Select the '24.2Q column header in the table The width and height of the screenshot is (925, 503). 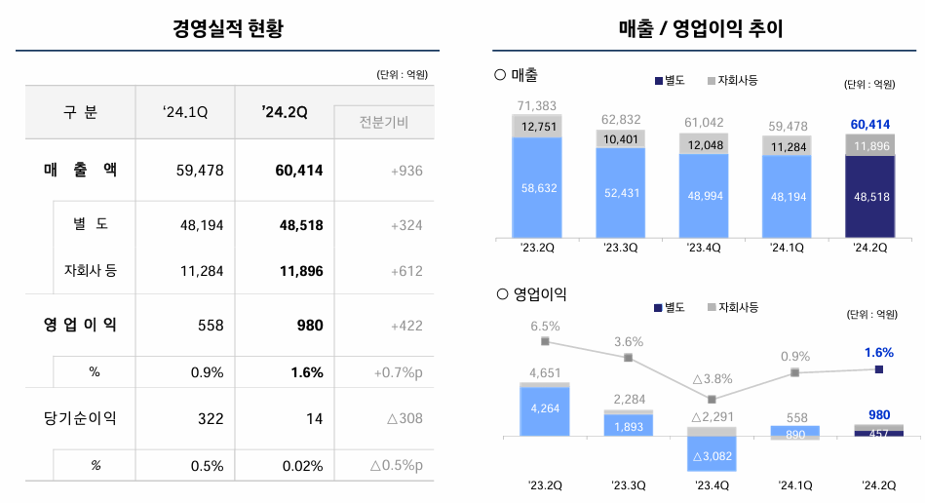(285, 112)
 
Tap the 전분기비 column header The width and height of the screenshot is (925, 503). (383, 122)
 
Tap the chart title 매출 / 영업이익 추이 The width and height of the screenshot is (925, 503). (701, 29)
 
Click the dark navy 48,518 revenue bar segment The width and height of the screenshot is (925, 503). (869, 196)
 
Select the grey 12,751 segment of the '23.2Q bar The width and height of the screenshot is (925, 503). (538, 126)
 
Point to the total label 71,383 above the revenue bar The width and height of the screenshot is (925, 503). (538, 105)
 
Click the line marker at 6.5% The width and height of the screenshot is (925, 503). (545, 341)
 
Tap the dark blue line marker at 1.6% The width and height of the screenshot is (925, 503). (879, 369)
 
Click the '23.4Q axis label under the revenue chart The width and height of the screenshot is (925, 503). (704, 248)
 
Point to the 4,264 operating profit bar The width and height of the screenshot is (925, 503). (545, 409)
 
